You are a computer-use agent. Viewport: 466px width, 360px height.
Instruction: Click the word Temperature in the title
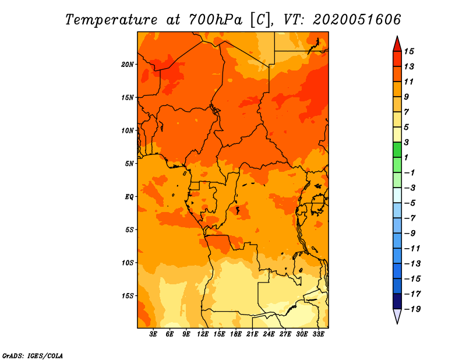pyautogui.click(x=111, y=20)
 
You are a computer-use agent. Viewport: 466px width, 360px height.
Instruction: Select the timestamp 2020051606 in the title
pyautogui.click(x=357, y=19)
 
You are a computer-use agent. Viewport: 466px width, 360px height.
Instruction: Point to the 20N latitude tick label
pyautogui.click(x=128, y=65)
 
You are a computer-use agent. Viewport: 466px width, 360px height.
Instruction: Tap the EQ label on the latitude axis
pyautogui.click(x=129, y=197)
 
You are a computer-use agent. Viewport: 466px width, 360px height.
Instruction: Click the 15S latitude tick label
pyautogui.click(x=128, y=296)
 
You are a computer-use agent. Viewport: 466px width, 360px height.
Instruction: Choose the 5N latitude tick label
pyautogui.click(x=129, y=164)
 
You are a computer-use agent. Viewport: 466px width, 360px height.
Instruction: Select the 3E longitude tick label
pyautogui.click(x=153, y=334)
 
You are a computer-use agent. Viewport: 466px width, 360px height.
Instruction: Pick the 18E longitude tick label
pyautogui.click(x=236, y=334)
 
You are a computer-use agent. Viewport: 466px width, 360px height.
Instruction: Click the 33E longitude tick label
pyautogui.click(x=318, y=334)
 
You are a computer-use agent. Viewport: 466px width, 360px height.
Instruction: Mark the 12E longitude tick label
pyautogui.click(x=203, y=334)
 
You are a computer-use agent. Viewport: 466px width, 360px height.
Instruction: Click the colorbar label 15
pyautogui.click(x=409, y=51)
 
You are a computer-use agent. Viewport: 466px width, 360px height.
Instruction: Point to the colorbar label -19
pyautogui.click(x=412, y=309)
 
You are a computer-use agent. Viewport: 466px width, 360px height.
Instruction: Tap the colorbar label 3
pyautogui.click(x=407, y=142)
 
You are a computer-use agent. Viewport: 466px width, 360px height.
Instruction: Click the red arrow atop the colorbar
pyautogui.click(x=397, y=44)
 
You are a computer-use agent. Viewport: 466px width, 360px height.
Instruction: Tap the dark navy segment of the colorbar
pyautogui.click(x=397, y=301)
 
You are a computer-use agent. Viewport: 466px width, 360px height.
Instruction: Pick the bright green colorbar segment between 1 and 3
pyautogui.click(x=397, y=150)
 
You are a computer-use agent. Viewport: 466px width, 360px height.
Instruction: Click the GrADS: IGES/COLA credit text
pyautogui.click(x=33, y=356)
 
